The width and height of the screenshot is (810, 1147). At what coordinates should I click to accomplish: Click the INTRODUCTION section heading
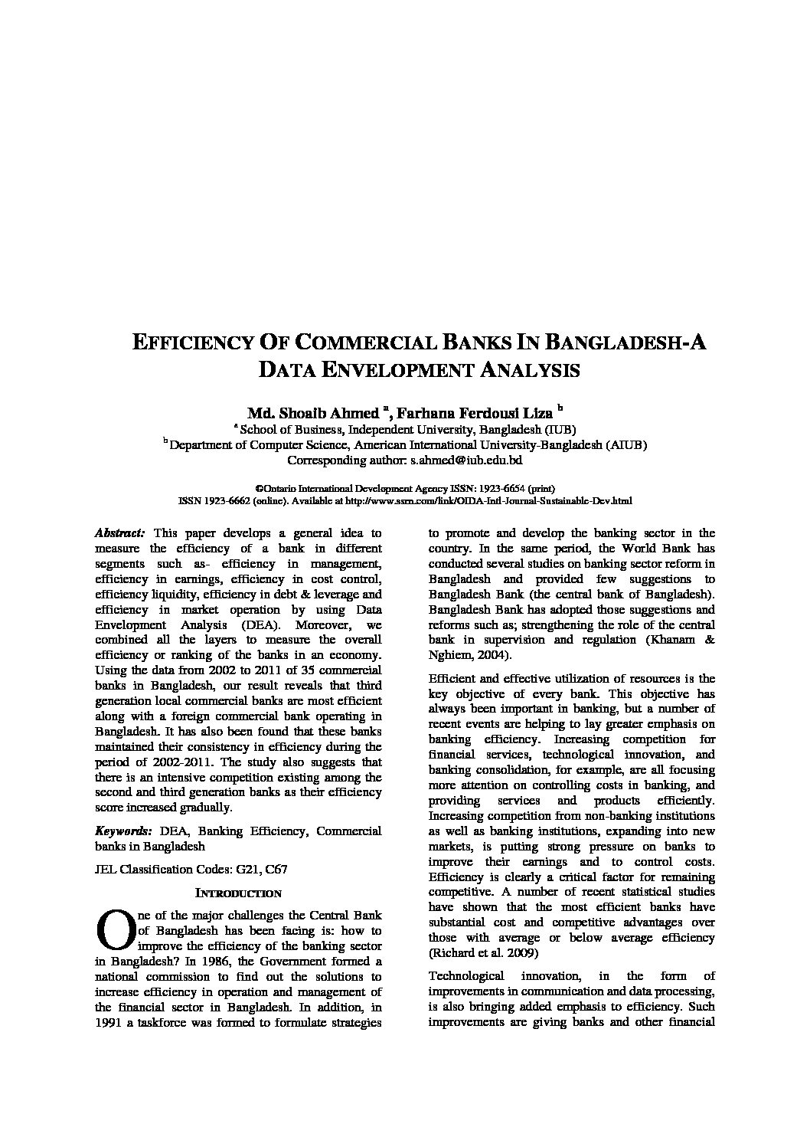[x=238, y=893]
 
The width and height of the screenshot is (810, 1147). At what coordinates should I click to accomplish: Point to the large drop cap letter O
[x=113, y=927]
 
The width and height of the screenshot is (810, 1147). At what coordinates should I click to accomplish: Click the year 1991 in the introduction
[x=111, y=1023]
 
